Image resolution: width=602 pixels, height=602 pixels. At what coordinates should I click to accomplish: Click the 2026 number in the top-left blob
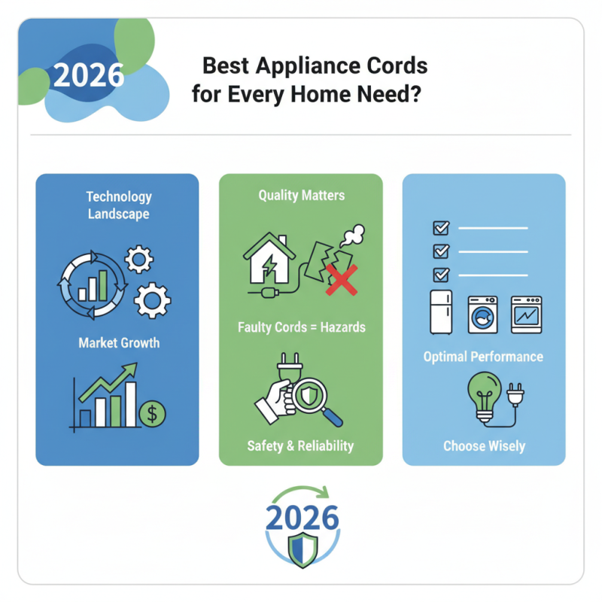click(89, 75)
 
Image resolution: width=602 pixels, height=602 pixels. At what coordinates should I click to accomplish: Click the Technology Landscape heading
click(118, 205)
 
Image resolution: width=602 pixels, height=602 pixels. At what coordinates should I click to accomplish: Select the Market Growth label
click(119, 342)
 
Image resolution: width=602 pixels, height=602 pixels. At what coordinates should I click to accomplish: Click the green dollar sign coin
click(153, 412)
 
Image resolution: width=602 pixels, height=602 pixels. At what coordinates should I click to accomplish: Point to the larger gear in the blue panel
click(152, 299)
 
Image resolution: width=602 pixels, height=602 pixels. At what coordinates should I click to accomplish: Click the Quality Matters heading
click(301, 196)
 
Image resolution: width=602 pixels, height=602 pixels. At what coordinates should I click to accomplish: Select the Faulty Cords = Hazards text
click(300, 327)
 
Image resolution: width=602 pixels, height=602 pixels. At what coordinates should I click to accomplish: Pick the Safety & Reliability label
click(300, 446)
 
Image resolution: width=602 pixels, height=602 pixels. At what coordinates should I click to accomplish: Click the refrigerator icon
click(442, 312)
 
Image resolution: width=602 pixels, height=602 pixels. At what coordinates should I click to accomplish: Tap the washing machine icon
click(484, 314)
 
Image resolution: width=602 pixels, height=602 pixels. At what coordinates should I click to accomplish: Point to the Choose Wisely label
click(484, 445)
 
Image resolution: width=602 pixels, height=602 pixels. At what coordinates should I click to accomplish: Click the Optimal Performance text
click(483, 356)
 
